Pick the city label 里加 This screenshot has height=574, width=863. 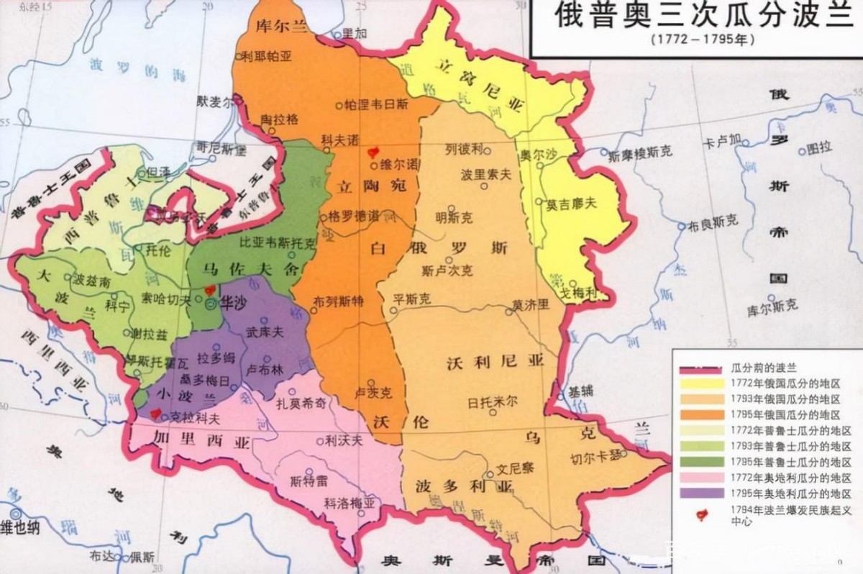tap(355, 33)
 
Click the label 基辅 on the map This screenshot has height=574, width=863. tap(582, 392)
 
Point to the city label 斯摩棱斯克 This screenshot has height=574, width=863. tap(639, 153)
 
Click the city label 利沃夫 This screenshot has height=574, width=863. tap(343, 441)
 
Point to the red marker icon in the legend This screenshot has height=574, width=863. tap(702, 514)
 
